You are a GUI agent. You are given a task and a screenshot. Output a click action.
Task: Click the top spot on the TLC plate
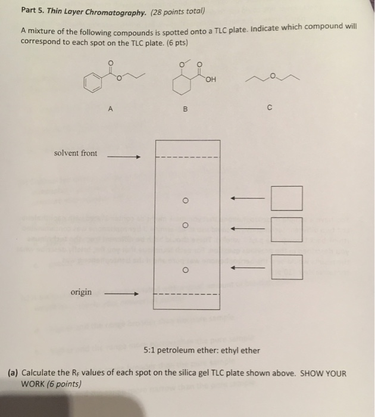point(186,200)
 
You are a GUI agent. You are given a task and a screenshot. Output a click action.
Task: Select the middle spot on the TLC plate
point(186,226)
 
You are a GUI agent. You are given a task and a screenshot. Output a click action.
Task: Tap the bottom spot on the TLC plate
point(186,269)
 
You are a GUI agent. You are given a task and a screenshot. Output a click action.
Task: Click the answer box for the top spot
point(286,198)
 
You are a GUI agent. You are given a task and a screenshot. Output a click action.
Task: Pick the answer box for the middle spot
point(286,229)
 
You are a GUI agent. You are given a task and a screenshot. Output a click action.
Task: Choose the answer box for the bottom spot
point(286,267)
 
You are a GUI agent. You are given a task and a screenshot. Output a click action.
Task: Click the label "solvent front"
point(75,154)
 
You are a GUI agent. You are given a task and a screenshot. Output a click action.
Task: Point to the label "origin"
point(82,292)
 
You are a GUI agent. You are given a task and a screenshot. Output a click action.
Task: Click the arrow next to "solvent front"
point(123,157)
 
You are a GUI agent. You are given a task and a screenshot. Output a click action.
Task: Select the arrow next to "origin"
point(121,294)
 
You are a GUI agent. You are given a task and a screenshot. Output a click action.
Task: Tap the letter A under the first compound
point(110,109)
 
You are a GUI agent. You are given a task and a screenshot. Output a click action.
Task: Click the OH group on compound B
point(211,79)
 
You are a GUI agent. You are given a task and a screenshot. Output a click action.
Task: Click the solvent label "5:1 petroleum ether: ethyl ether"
point(202,350)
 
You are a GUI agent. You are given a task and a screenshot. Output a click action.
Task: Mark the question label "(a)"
point(13,373)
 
